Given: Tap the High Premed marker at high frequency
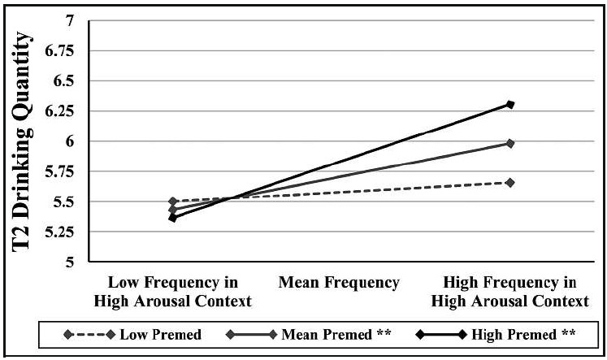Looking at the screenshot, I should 509,104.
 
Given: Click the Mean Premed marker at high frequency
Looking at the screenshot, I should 509,143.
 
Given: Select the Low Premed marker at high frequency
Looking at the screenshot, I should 509,183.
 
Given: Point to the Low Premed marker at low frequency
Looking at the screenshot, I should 173,201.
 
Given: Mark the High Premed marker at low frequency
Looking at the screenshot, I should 173,218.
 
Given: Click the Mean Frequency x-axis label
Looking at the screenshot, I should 339,283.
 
